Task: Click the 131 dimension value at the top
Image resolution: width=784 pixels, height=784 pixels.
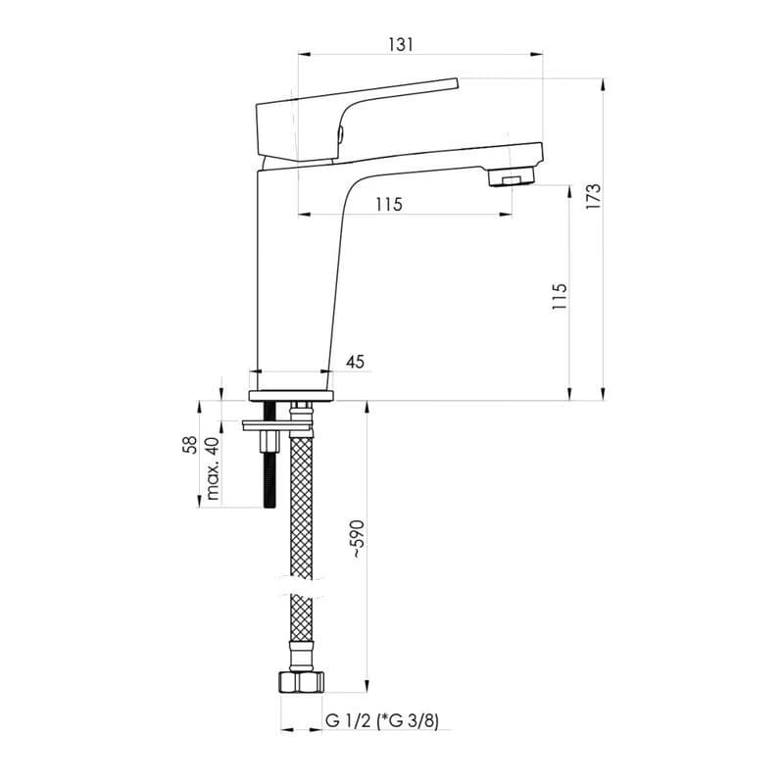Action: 401,44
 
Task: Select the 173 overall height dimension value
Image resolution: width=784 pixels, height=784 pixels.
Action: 594,196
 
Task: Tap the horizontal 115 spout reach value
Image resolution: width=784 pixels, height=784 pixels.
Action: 389,204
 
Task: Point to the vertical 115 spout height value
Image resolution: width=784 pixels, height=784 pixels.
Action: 560,296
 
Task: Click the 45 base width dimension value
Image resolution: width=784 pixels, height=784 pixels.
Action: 356,361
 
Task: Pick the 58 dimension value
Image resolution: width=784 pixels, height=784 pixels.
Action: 190,445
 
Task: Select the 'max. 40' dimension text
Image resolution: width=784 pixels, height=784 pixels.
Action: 213,468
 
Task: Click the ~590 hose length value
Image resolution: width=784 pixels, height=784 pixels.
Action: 358,539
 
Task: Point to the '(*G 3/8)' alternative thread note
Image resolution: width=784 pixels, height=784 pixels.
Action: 408,721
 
